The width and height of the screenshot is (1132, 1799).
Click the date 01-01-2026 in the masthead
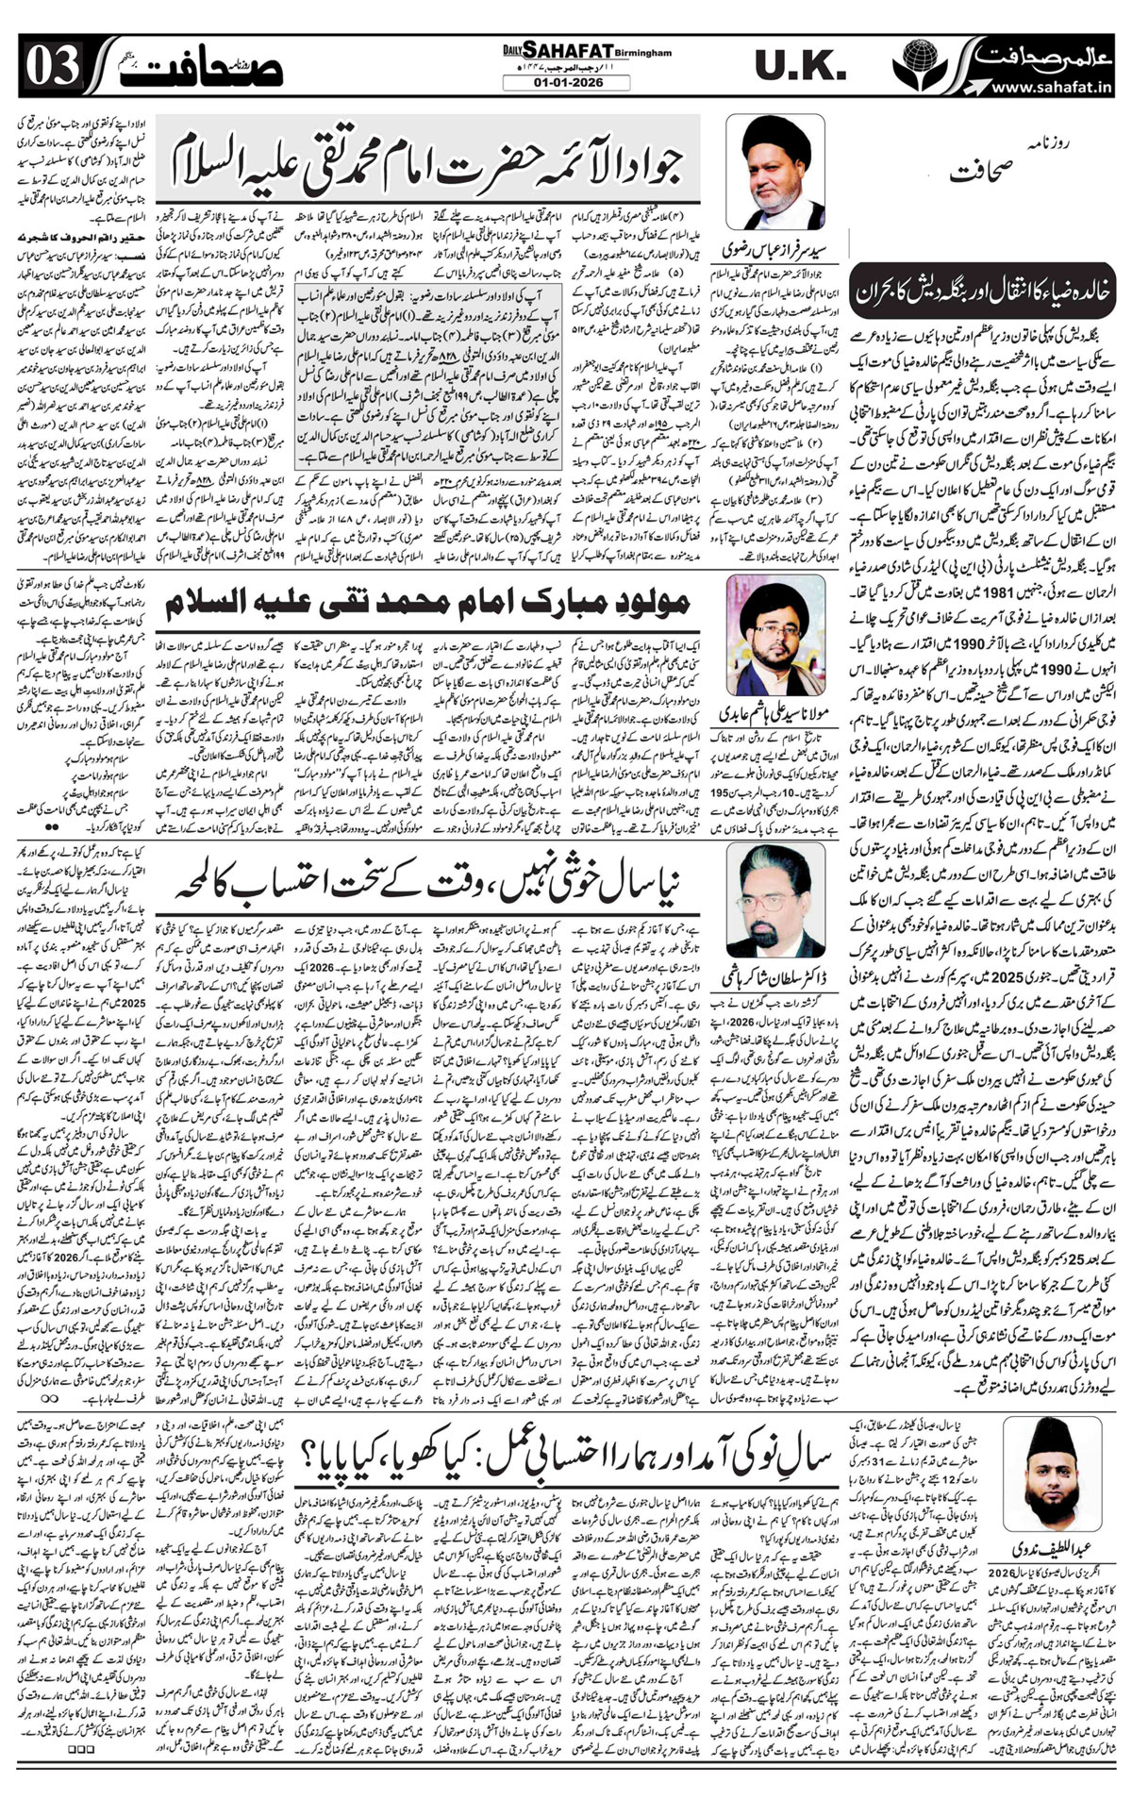point(566,82)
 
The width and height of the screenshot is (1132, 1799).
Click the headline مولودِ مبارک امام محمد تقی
point(429,599)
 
